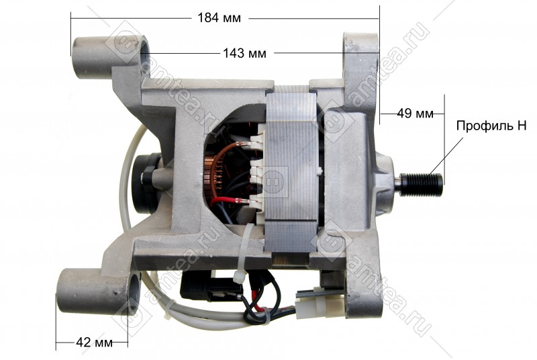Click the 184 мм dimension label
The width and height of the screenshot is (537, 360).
[219, 18]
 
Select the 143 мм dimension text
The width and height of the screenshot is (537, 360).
[244, 53]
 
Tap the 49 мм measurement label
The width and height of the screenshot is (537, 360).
[415, 113]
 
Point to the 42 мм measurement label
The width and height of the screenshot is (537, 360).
[94, 342]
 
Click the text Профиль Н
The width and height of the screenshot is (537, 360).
[491, 126]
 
